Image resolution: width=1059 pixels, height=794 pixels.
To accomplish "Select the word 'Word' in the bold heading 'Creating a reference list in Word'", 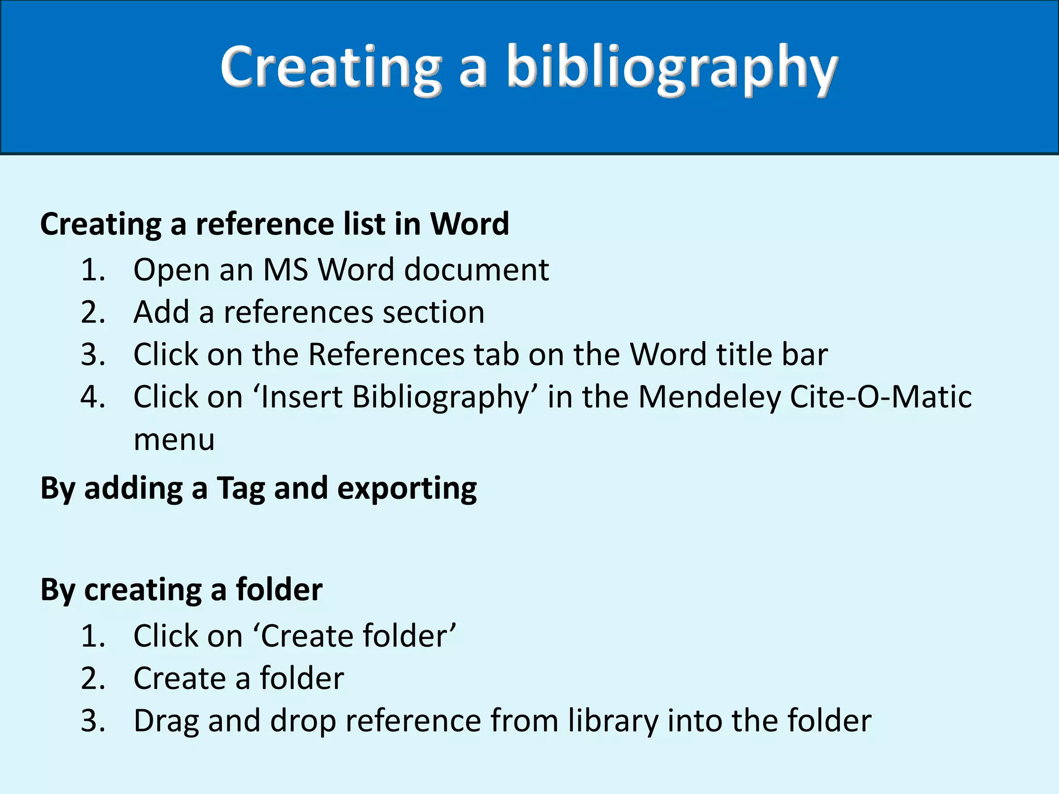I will click(470, 224).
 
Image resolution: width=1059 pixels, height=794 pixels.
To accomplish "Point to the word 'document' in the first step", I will click(476, 270).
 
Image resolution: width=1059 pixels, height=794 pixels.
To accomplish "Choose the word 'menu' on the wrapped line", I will click(174, 440).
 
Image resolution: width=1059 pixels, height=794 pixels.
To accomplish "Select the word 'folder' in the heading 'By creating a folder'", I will click(279, 589).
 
